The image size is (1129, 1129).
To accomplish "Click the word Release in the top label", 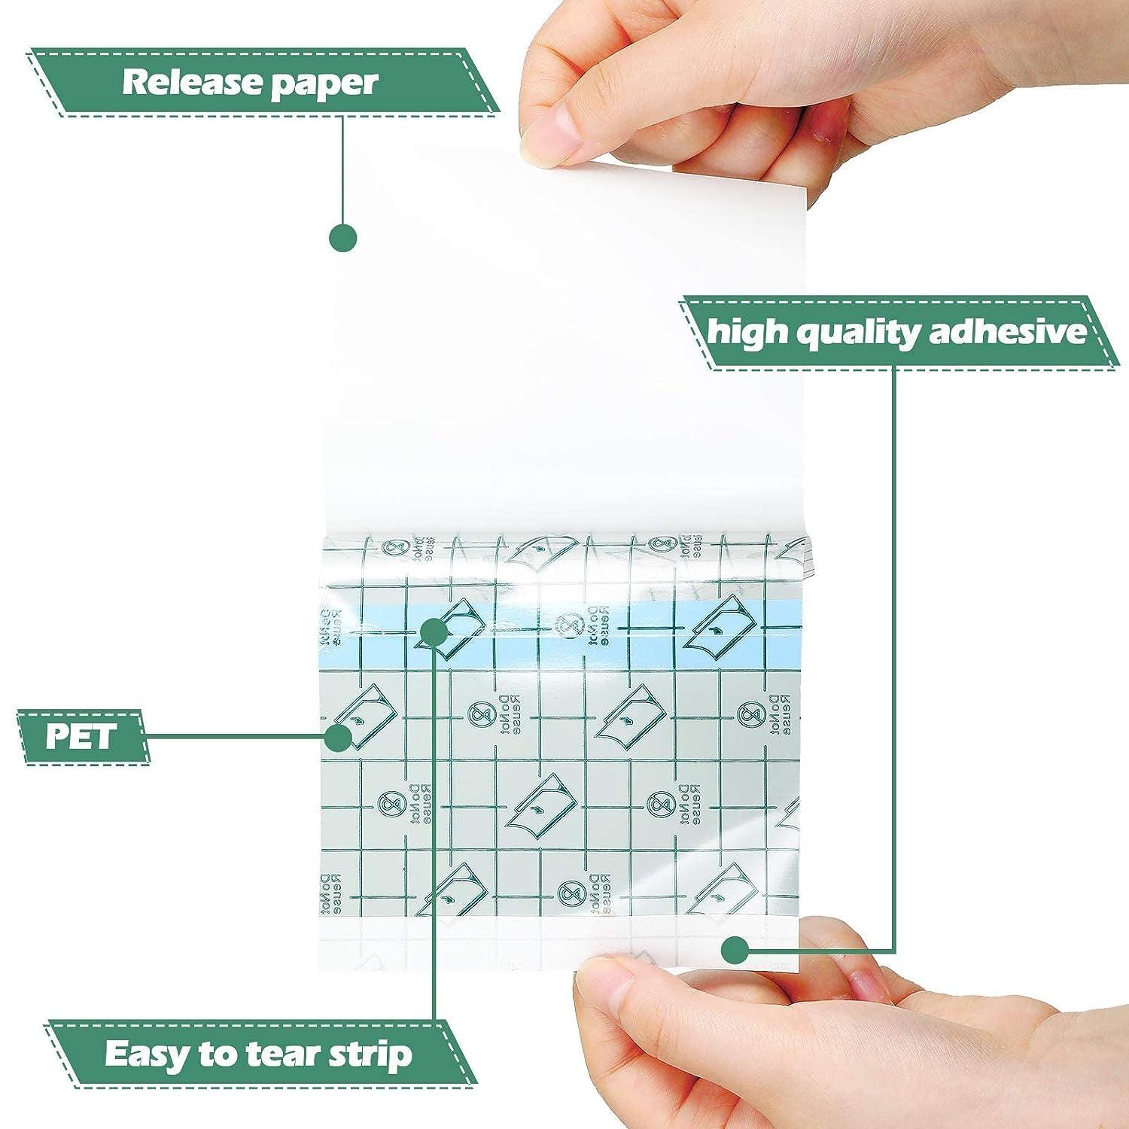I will [190, 82].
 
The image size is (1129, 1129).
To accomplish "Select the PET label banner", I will [82, 737].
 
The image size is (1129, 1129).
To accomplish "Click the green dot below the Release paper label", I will [342, 237].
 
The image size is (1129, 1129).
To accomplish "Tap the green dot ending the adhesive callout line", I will [735, 951].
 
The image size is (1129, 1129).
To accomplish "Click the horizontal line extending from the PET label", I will [233, 737].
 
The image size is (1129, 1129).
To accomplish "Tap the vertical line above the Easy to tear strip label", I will [434, 866].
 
